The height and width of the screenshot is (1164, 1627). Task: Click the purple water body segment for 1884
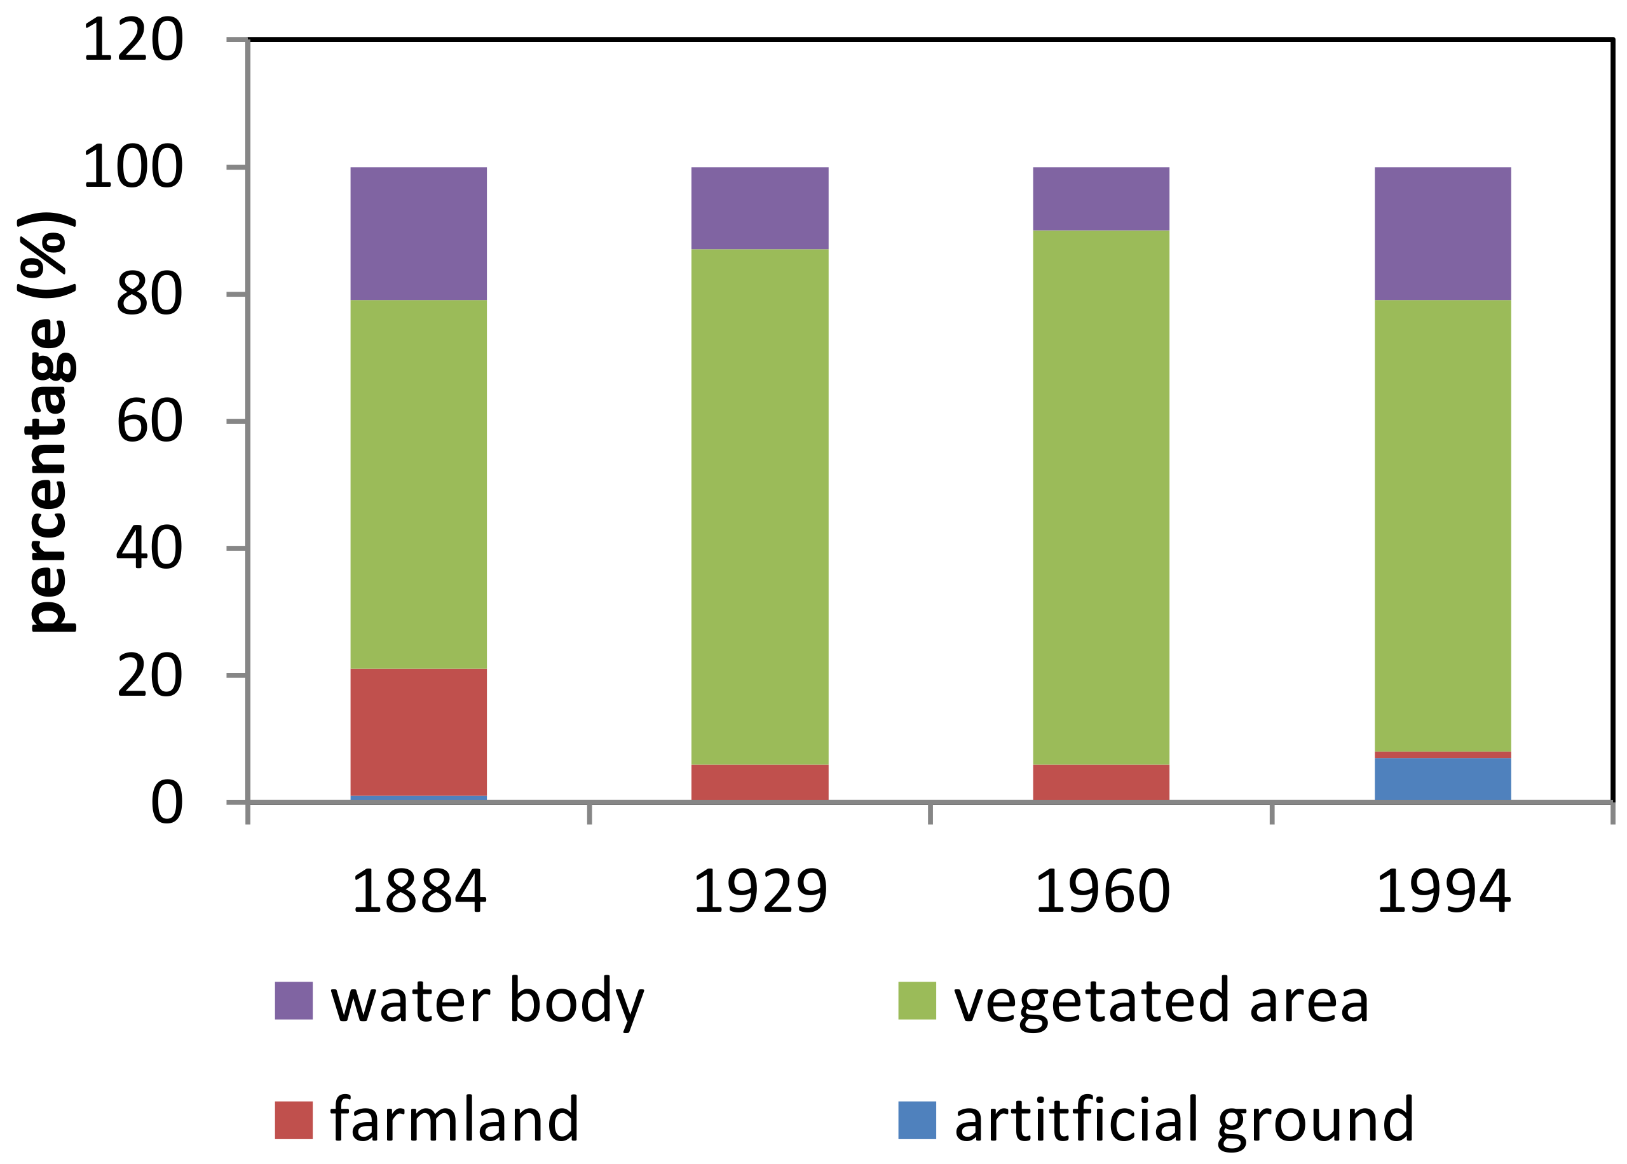419,234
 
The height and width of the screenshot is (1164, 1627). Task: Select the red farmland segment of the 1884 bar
419,732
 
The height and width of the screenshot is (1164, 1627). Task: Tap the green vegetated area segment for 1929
759,507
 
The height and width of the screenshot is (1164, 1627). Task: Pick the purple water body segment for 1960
1101,198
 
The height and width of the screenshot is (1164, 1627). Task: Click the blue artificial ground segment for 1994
1442,779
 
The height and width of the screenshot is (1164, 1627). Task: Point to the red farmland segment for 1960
1101,783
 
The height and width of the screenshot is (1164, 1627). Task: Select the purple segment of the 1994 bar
1442,234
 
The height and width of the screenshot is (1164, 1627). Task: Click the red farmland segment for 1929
759,783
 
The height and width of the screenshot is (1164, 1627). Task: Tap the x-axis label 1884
419,891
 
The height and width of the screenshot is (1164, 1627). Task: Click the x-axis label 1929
759,891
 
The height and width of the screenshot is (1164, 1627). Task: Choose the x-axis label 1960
1101,891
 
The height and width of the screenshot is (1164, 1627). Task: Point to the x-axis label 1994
1443,891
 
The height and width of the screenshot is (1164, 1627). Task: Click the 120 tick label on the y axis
133,41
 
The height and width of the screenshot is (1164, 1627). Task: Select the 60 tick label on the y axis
149,421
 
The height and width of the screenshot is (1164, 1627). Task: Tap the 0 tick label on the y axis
167,802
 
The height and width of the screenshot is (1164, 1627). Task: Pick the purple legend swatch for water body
294,1000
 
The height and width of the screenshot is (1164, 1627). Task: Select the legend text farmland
454,1119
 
